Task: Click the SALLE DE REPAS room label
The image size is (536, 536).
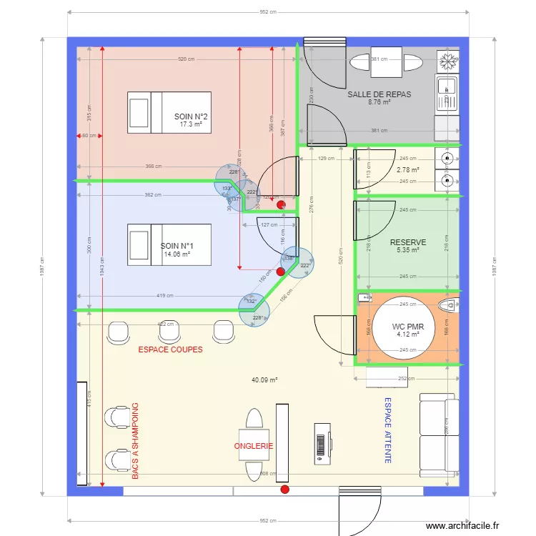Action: coord(379,94)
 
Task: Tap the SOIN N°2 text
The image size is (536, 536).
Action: coord(191,116)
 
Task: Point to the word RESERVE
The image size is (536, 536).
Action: coord(407,242)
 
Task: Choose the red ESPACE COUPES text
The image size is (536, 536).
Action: coord(170,350)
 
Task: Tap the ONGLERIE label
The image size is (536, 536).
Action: coord(254,446)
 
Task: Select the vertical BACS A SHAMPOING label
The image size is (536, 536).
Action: coord(135,440)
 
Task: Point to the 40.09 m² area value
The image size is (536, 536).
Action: coord(264,380)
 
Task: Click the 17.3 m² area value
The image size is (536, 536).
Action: coord(191,124)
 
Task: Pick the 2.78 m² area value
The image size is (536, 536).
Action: coord(407,169)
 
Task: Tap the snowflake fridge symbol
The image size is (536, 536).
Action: coord(447,61)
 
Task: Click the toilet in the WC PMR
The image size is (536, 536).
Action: coord(447,307)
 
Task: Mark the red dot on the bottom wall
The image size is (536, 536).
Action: coord(284,490)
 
